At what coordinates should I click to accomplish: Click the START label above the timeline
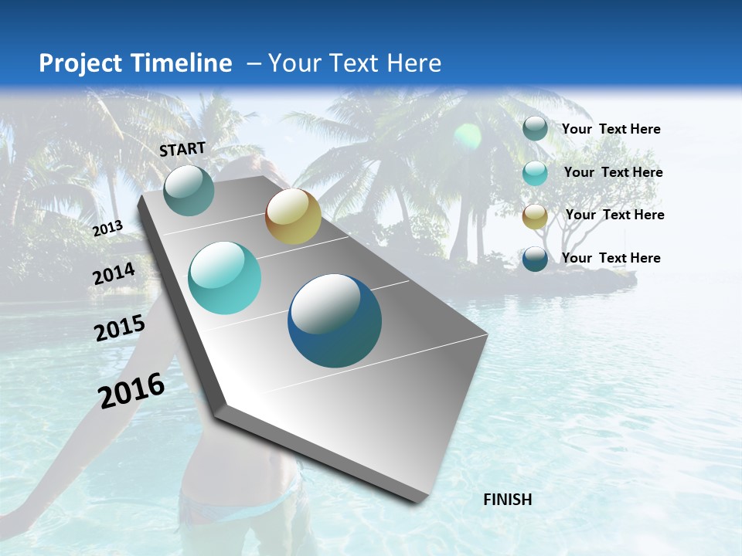[x=182, y=149]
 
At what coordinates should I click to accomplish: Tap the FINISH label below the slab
[x=507, y=500]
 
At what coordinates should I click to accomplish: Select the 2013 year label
[x=107, y=229]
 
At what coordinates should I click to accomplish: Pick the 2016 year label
[x=131, y=391]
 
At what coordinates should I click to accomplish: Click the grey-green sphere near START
[x=189, y=190]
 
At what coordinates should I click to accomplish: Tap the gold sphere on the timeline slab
[x=293, y=216]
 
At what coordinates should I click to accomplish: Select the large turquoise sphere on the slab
[x=224, y=278]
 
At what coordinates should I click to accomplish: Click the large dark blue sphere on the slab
[x=335, y=320]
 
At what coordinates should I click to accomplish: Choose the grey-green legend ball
[x=535, y=129]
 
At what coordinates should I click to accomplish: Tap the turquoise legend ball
[x=535, y=173]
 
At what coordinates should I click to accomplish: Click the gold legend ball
[x=535, y=216]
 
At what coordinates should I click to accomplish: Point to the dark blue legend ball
[x=535, y=259]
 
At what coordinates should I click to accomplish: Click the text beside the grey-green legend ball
[x=611, y=129]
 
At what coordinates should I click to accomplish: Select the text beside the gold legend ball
[x=614, y=215]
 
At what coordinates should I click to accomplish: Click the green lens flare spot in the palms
[x=467, y=137]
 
